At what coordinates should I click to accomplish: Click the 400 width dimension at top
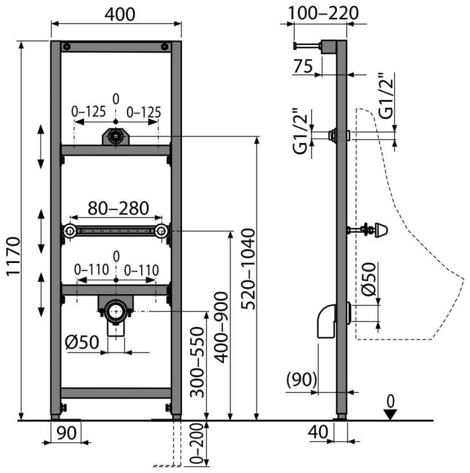point(120,14)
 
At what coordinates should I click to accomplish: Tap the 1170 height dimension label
point(13,257)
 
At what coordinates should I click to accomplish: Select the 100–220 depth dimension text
point(323,13)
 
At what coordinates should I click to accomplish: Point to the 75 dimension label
point(303,66)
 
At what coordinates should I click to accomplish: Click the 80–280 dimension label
point(118,208)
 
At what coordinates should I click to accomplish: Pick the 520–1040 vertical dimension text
point(249,269)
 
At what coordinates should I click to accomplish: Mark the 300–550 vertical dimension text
point(198,362)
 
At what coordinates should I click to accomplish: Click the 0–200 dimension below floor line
point(198,443)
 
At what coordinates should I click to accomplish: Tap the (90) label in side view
point(302,380)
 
